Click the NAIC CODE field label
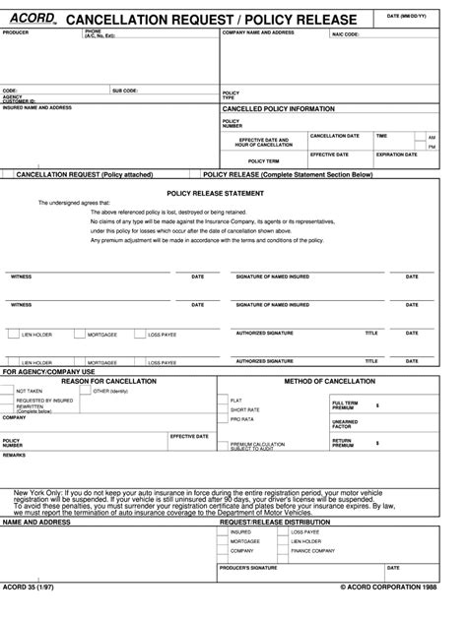tap(346, 33)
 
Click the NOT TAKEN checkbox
tap(10, 391)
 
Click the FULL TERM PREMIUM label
tap(345, 404)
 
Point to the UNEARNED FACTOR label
tap(345, 424)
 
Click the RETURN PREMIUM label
tap(344, 444)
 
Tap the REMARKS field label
tap(15, 456)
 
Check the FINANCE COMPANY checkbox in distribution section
tap(286, 551)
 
